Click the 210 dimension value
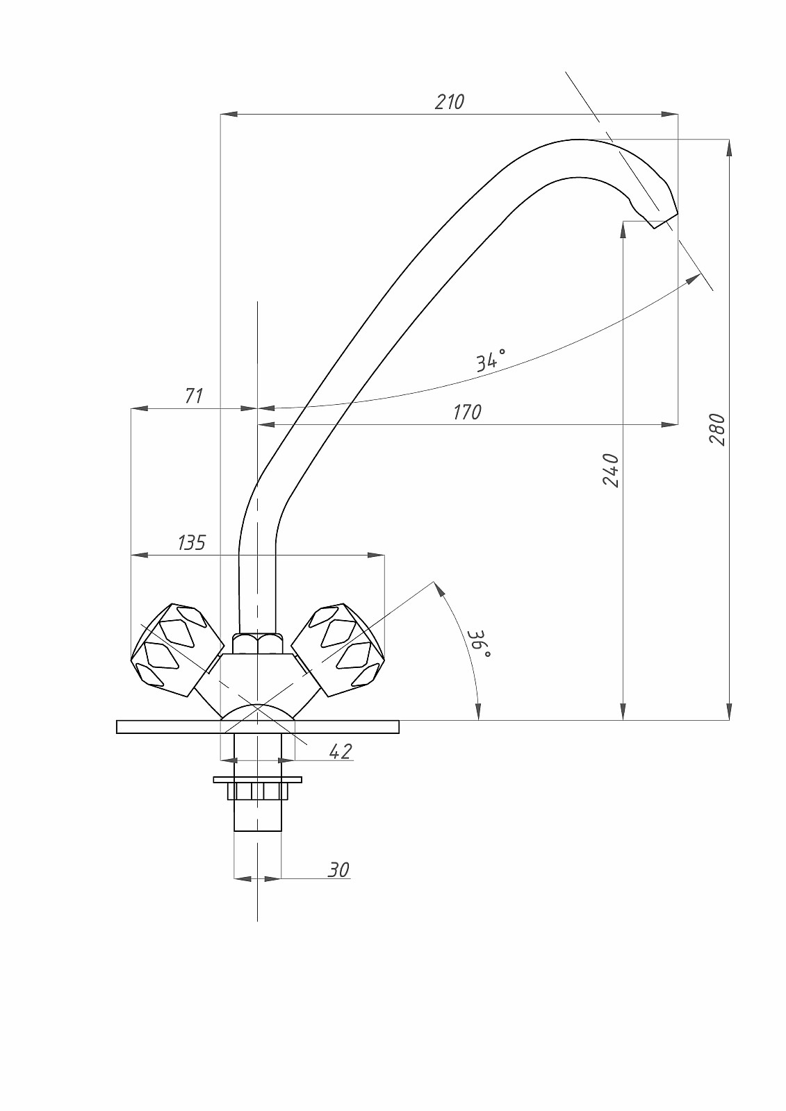[x=449, y=101]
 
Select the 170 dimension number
[x=466, y=412]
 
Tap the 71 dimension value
[x=194, y=396]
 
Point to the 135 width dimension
[x=192, y=542]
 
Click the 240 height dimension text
[x=610, y=469]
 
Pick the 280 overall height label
[x=717, y=429]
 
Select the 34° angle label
[x=491, y=360]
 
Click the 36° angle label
[x=478, y=644]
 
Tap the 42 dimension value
[x=340, y=751]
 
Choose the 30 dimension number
[x=338, y=869]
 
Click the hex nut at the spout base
[x=257, y=643]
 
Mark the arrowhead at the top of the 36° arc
[x=438, y=588]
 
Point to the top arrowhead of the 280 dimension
[x=729, y=147]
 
